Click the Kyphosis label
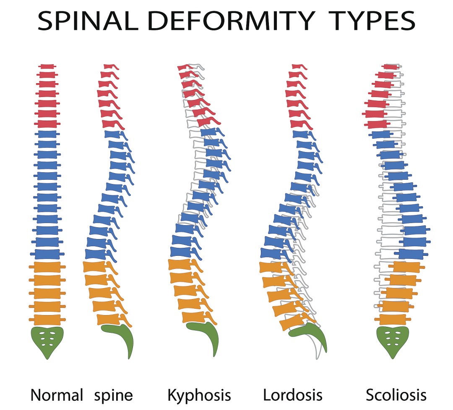click(199, 395)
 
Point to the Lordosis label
click(293, 395)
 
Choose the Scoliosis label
click(396, 395)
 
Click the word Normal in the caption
click(57, 395)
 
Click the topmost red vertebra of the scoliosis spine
click(391, 67)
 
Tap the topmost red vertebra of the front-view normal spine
click(47, 66)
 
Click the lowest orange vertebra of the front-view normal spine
click(47, 319)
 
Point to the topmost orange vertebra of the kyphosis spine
click(180, 265)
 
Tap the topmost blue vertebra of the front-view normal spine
click(47, 134)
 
